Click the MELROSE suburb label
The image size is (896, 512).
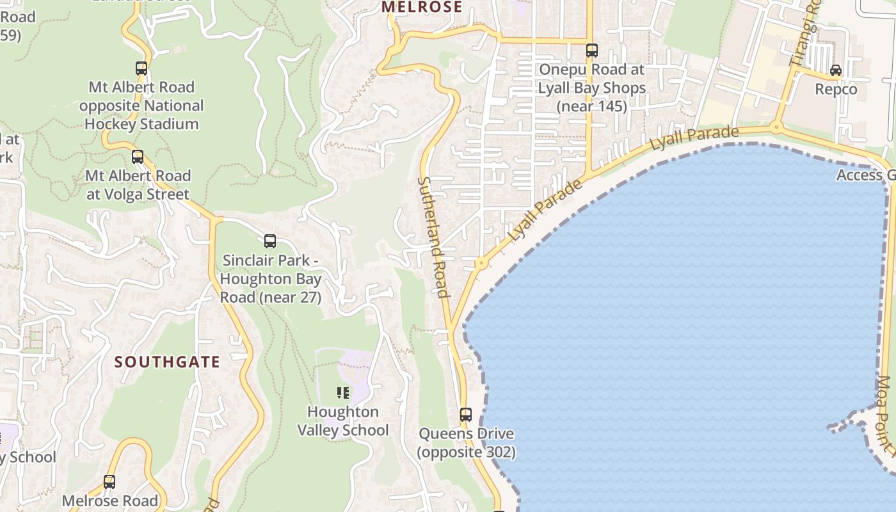[x=421, y=7]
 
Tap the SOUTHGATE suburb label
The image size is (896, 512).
[x=167, y=362]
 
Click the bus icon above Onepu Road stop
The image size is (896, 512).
[x=592, y=50]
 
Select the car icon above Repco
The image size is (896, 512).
[x=836, y=70]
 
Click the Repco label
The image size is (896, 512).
[x=836, y=89]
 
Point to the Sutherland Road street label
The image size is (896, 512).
[x=433, y=237]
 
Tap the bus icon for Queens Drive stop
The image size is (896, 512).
[x=466, y=414]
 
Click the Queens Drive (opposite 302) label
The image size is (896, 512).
[x=466, y=443]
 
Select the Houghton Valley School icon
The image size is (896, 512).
[x=343, y=392]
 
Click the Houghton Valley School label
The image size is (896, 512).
[x=343, y=420]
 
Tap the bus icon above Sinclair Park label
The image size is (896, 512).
[x=270, y=241]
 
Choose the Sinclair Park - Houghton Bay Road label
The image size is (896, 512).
[x=271, y=279]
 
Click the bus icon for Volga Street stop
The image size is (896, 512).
[x=138, y=156]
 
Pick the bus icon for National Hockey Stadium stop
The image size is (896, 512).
[x=141, y=68]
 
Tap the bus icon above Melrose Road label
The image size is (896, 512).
[x=109, y=481]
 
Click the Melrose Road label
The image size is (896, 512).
[x=109, y=501]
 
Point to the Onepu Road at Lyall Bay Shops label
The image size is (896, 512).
[x=592, y=88]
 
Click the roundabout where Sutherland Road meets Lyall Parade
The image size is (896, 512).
[x=480, y=263]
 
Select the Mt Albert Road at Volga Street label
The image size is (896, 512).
[x=138, y=185]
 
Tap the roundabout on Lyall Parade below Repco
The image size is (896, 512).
[x=776, y=127]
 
